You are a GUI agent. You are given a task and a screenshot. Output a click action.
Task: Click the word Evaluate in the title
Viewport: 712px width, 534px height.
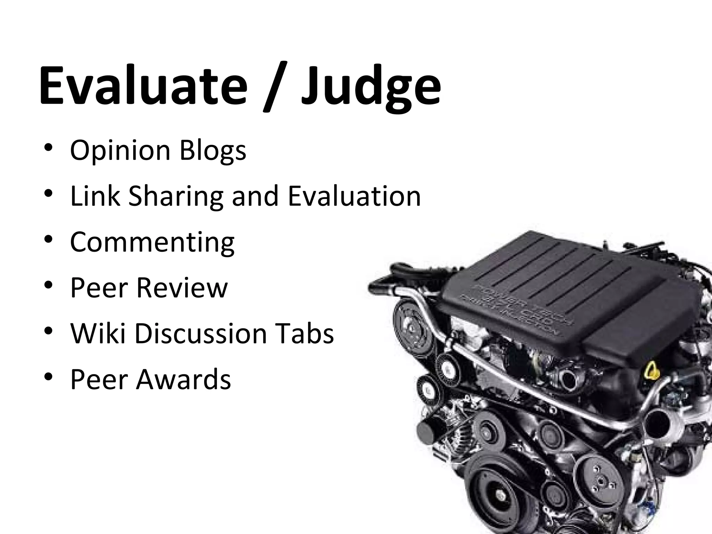coord(143,85)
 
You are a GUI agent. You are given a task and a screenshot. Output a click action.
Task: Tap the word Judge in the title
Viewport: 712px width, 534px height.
coord(371,87)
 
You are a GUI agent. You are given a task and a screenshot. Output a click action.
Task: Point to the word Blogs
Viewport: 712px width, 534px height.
coord(213,151)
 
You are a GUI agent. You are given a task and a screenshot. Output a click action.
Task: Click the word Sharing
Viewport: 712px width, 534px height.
coord(176,196)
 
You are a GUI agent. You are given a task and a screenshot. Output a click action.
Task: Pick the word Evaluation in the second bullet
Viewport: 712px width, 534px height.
coord(354,196)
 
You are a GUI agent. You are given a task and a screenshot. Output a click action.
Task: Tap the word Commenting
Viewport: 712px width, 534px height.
coord(152,242)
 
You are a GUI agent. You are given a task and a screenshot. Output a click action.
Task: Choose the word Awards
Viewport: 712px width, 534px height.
coord(183,379)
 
